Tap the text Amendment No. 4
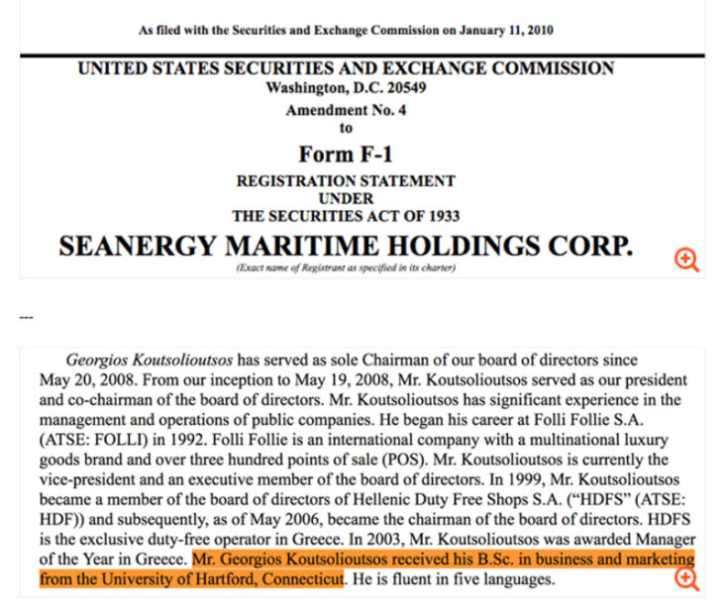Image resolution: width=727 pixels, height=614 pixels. [347, 110]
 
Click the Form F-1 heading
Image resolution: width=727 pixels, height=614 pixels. [346, 153]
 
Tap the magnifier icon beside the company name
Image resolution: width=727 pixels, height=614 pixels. [686, 259]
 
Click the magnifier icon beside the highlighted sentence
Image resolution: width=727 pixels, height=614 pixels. [686, 579]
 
